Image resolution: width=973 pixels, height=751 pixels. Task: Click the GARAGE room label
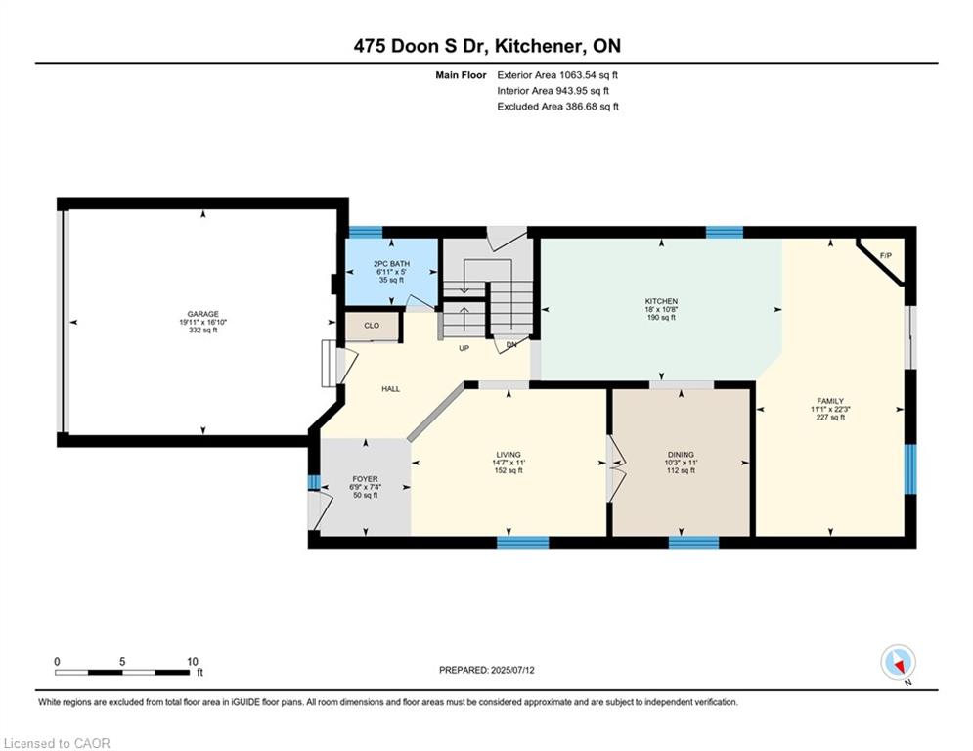click(x=203, y=314)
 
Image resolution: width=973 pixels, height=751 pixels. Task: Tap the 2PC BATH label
click(x=391, y=264)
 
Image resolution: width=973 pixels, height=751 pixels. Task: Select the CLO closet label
click(x=372, y=326)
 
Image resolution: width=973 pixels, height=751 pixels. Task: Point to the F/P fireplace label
click(x=886, y=256)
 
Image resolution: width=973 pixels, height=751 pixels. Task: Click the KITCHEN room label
click(x=661, y=301)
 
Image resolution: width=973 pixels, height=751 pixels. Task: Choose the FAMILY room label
click(x=830, y=401)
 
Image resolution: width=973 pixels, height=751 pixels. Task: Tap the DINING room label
click(x=681, y=455)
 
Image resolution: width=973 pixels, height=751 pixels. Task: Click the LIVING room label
click(x=509, y=455)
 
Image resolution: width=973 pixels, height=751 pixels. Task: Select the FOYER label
click(x=365, y=479)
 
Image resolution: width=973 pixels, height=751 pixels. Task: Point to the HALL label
click(x=391, y=389)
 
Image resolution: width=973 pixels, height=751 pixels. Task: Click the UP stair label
click(x=464, y=349)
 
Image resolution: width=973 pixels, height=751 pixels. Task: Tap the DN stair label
click(x=511, y=344)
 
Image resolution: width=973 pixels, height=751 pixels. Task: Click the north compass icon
click(x=898, y=663)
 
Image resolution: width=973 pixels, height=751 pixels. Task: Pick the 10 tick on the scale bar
click(x=193, y=662)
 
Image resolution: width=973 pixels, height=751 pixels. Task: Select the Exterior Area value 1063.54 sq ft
click(x=589, y=75)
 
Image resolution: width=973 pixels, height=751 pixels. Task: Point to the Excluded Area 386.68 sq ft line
click(x=557, y=107)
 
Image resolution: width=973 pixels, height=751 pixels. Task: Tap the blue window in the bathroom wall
click(x=366, y=233)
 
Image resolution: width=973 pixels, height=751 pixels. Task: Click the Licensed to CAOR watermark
click(x=57, y=743)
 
